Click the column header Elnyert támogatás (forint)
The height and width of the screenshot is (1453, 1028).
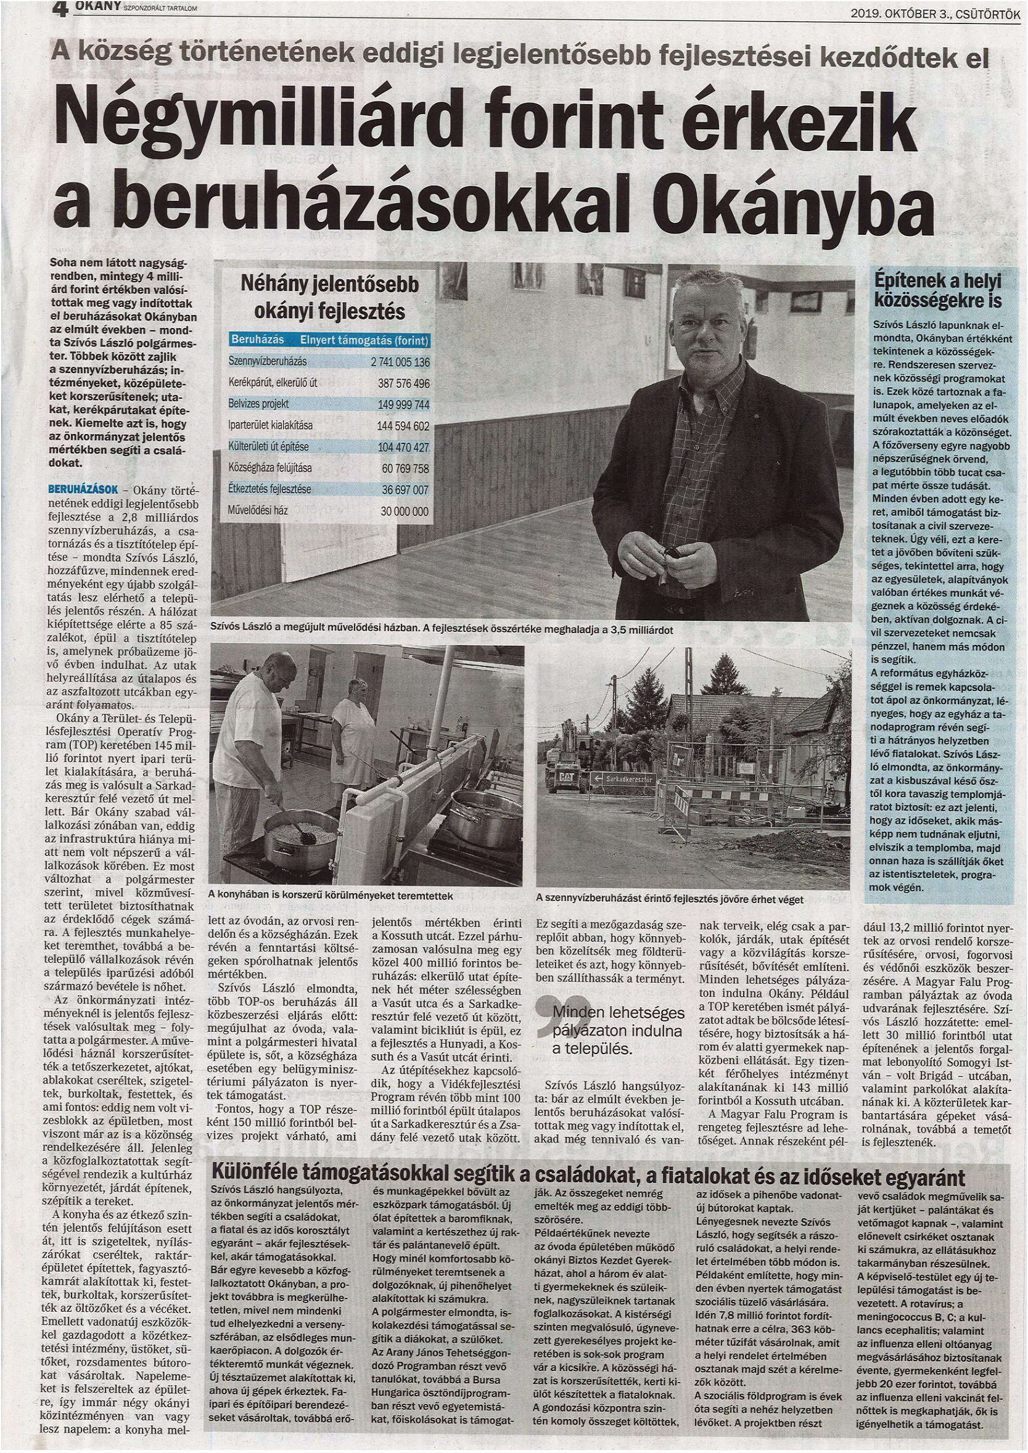[x=364, y=340]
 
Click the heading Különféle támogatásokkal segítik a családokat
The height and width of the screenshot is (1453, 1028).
[x=588, y=1177]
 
